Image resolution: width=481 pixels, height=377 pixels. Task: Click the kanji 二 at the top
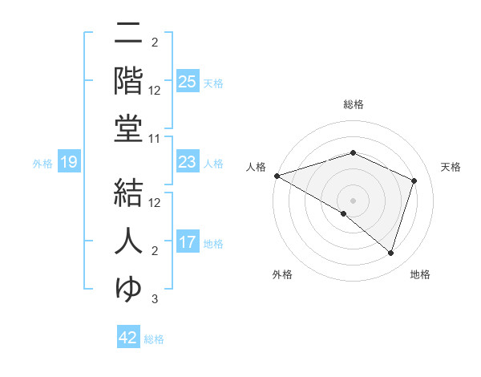[x=129, y=34]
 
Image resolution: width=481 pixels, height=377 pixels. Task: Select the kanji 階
[x=129, y=79]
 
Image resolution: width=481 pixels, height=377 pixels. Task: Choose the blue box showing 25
[x=188, y=82]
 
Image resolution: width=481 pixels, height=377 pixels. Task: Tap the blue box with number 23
[x=188, y=162]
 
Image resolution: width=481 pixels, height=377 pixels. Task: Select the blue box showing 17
[x=188, y=242]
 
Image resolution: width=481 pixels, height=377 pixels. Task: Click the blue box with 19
[x=69, y=163]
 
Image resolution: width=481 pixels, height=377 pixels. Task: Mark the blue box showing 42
[x=128, y=338]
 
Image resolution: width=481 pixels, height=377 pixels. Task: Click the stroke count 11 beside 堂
[x=156, y=140]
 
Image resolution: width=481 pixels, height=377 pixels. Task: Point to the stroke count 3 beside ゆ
[x=155, y=300]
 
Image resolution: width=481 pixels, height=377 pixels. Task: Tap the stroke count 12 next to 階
[x=156, y=91]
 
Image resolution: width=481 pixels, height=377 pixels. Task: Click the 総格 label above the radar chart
[x=353, y=105]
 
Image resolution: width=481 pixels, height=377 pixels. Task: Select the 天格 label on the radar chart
[x=451, y=167]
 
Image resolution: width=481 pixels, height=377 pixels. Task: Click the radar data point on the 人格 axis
[x=277, y=175]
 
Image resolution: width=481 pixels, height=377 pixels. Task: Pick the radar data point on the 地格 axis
[x=391, y=253]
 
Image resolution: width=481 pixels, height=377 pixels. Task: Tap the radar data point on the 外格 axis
[x=344, y=213]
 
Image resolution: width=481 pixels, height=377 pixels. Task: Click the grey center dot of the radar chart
[x=353, y=200]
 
